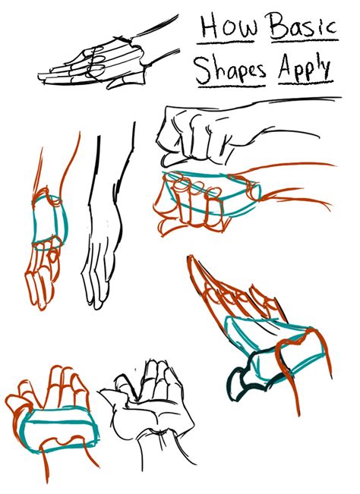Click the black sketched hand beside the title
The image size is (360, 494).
pyautogui.click(x=99, y=61)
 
